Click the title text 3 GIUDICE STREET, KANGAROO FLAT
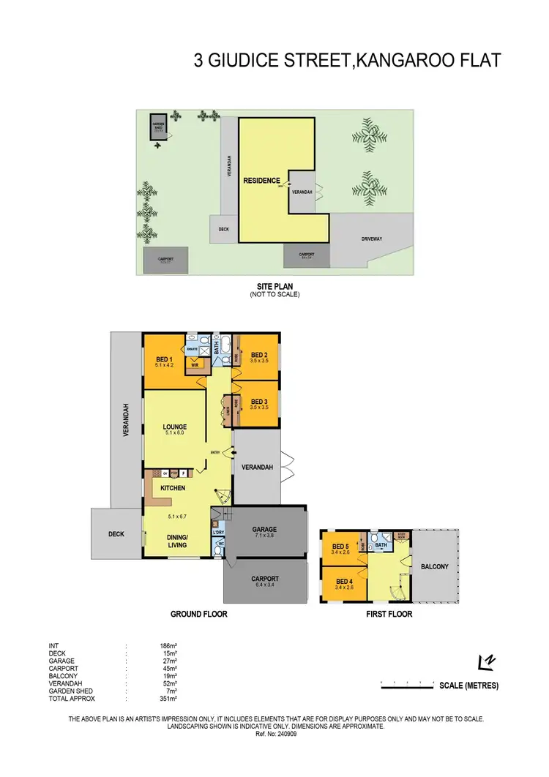[347, 60]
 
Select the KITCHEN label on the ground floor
[173, 488]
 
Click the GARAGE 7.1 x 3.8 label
[264, 531]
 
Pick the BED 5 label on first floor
[340, 547]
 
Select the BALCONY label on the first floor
[434, 566]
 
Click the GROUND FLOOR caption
[198, 614]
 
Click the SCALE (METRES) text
[468, 686]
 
